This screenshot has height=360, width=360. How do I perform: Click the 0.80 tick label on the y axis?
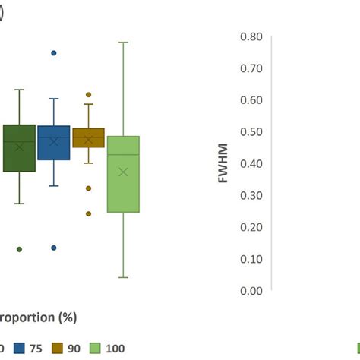pos(251,36)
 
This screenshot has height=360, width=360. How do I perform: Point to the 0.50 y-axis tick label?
pos(251,132)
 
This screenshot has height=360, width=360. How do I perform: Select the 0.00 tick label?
pos(251,291)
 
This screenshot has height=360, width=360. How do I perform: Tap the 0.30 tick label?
pos(251,195)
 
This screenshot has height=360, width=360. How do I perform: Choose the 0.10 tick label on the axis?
pos(251,259)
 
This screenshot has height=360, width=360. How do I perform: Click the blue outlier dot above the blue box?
pos(54,53)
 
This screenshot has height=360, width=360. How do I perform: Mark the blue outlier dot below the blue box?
pos(54,248)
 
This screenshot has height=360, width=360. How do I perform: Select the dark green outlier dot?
pos(20,249)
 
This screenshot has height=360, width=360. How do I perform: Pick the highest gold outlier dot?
pos(88,95)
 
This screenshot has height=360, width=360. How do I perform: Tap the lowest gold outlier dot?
pos(88,213)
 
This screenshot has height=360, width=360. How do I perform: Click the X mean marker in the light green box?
pos(123,172)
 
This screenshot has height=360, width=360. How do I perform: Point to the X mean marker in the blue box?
pos(54,141)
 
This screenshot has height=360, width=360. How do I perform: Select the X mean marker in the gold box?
pos(88,140)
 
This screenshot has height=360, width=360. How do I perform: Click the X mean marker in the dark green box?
pos(20,147)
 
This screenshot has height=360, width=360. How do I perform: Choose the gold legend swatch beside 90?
pos(57,348)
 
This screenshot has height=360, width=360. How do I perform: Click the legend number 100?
pos(115,348)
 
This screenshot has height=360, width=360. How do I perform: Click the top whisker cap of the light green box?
pos(123,42)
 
